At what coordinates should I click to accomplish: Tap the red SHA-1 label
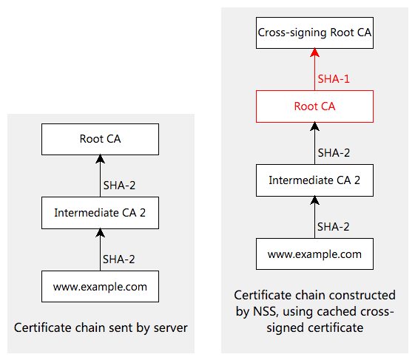tap(334, 79)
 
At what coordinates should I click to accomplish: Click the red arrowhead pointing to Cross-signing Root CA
tap(314, 52)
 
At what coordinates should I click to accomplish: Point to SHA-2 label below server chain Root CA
tap(119, 186)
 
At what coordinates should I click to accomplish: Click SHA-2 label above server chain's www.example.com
tap(119, 259)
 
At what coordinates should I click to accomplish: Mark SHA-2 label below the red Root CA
tap(334, 153)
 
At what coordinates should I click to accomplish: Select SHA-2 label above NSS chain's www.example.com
tap(334, 227)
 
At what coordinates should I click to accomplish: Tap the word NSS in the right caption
tap(265, 312)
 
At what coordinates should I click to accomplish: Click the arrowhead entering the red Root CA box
tap(314, 126)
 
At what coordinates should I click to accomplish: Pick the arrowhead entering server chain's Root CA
tap(101, 159)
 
